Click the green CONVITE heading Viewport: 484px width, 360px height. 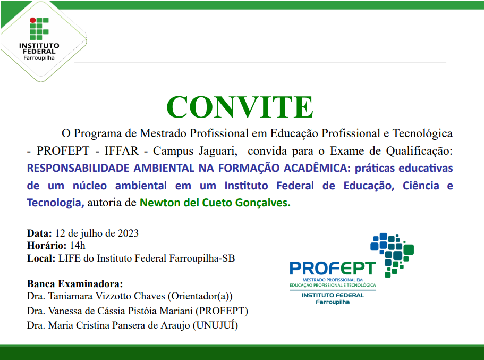click(240, 107)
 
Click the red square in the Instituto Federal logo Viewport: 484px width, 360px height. click(32, 22)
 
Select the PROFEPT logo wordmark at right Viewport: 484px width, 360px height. click(332, 268)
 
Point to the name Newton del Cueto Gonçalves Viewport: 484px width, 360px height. click(215, 203)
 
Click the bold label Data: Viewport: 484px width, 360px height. click(39, 233)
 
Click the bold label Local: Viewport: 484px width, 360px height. click(40, 258)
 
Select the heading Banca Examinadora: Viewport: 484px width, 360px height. click(74, 283)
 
